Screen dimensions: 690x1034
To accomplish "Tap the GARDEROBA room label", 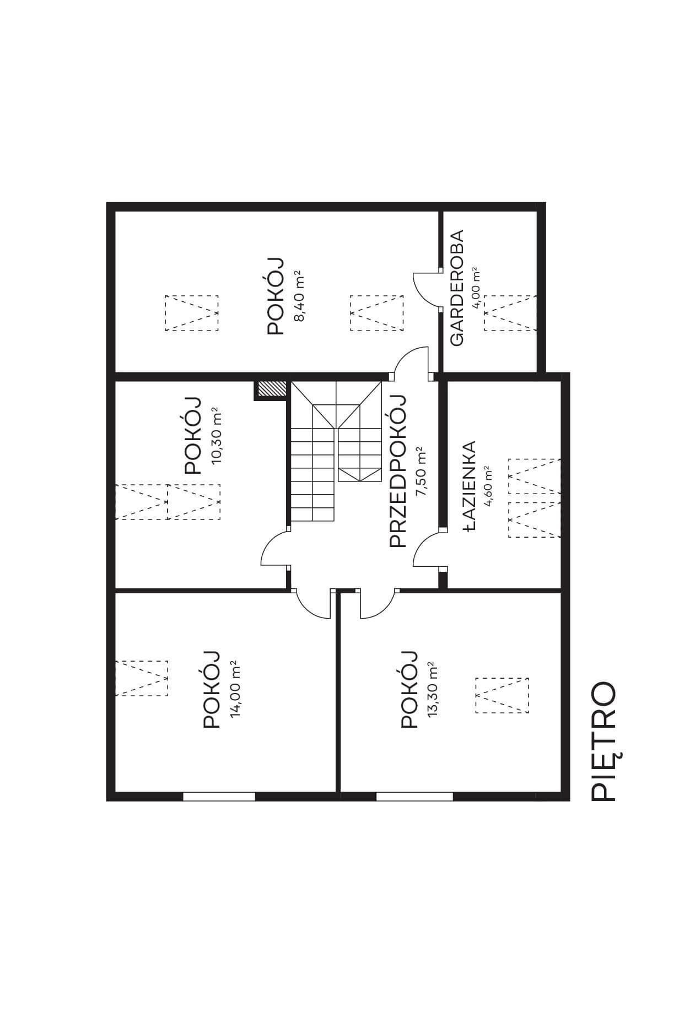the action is tap(457, 288).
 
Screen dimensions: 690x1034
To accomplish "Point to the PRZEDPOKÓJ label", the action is tap(397, 472).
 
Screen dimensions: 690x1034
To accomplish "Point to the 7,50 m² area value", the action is tap(422, 471).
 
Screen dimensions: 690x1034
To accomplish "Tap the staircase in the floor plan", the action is tap(336, 451).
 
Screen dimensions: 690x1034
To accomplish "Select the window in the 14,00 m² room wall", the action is tap(219, 795).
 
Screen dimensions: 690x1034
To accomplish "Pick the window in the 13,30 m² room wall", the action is tap(414, 795).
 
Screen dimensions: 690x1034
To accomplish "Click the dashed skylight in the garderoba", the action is tap(510, 313).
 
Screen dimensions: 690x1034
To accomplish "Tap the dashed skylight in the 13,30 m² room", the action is tap(502, 695).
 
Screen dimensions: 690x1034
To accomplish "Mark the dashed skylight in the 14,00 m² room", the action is tap(141, 678).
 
